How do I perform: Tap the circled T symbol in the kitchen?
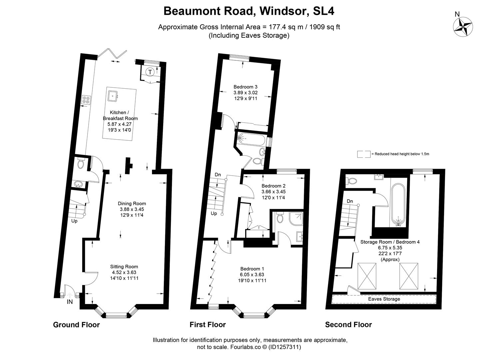coord(150,72)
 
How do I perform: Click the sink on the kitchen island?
coord(113,96)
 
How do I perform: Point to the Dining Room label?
coord(132,203)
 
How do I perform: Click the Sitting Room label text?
coord(124,266)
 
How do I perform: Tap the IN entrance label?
coord(70,302)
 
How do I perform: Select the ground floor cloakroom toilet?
coord(80,163)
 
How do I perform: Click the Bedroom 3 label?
coord(245,87)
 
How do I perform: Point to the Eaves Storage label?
coord(384,299)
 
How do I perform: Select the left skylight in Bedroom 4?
coord(367,277)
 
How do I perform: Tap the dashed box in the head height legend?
coord(363,154)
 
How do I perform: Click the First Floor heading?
coord(208,324)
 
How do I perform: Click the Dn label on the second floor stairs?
coord(350,201)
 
